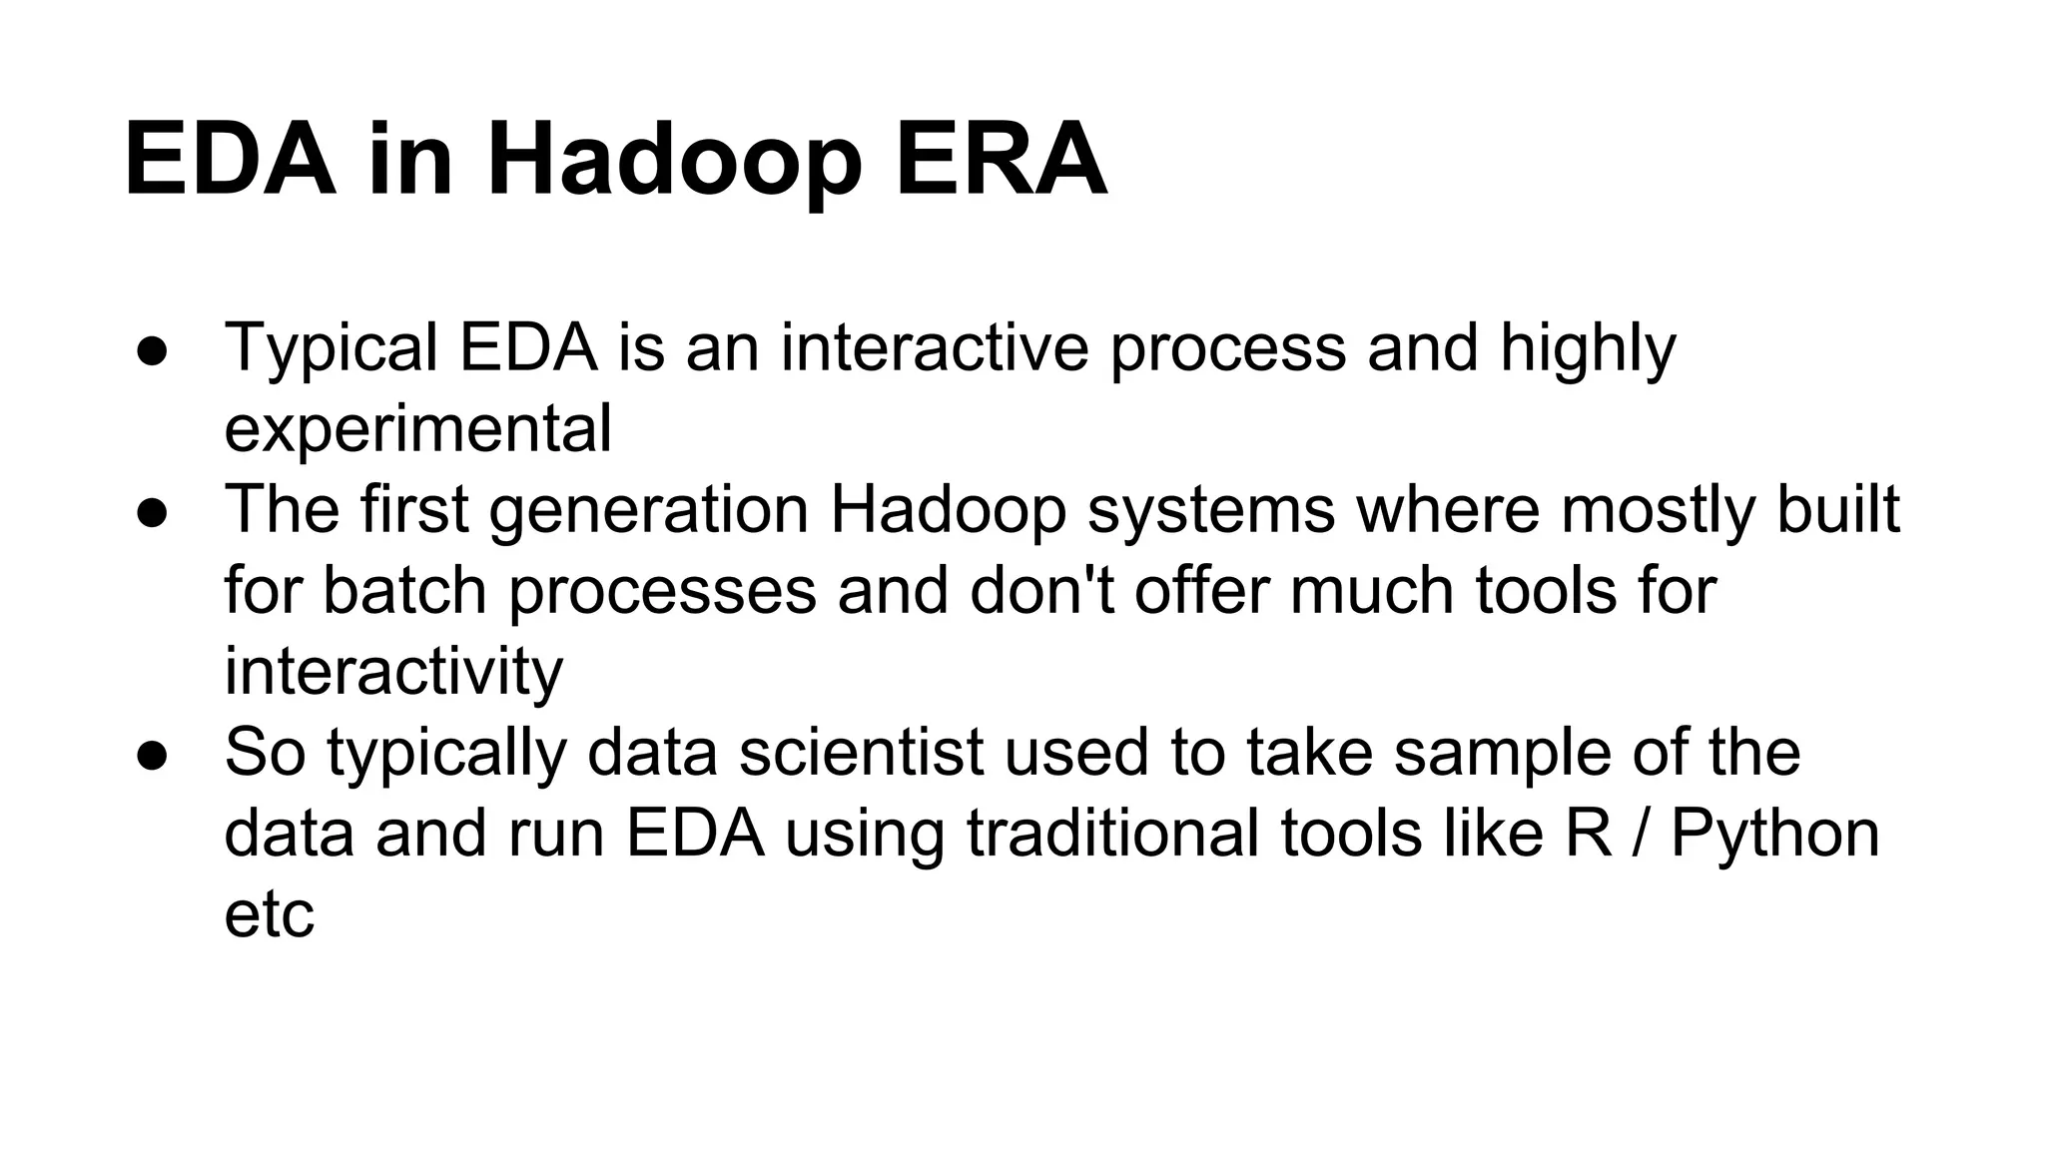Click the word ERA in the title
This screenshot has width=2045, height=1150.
coord(1002,160)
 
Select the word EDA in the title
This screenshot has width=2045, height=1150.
coord(230,160)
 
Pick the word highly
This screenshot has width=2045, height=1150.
coord(1588,349)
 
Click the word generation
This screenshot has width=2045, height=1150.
coord(649,511)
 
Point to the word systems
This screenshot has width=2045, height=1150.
coord(1211,511)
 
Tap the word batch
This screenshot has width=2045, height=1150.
coord(404,591)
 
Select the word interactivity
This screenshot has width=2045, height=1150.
coord(393,672)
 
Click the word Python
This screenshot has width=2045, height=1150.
coord(1774,835)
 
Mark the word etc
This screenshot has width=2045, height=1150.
coord(269,915)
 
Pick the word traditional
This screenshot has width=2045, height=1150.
coord(1113,834)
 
